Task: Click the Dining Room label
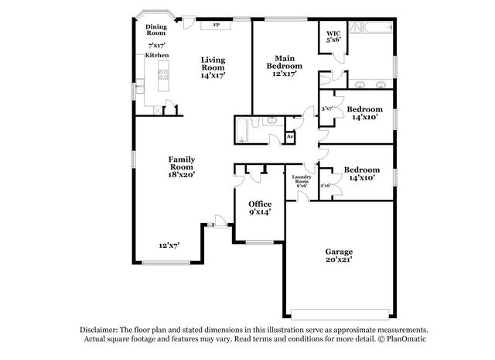156,30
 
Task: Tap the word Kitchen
157,56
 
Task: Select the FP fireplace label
216,26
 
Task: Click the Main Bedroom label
284,62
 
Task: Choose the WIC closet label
333,35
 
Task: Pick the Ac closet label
290,137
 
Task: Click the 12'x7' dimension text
169,245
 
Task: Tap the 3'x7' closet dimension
327,108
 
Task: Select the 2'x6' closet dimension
326,185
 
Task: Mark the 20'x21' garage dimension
339,262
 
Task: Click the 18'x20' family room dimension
182,175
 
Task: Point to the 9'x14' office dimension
260,212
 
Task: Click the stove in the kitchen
163,75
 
